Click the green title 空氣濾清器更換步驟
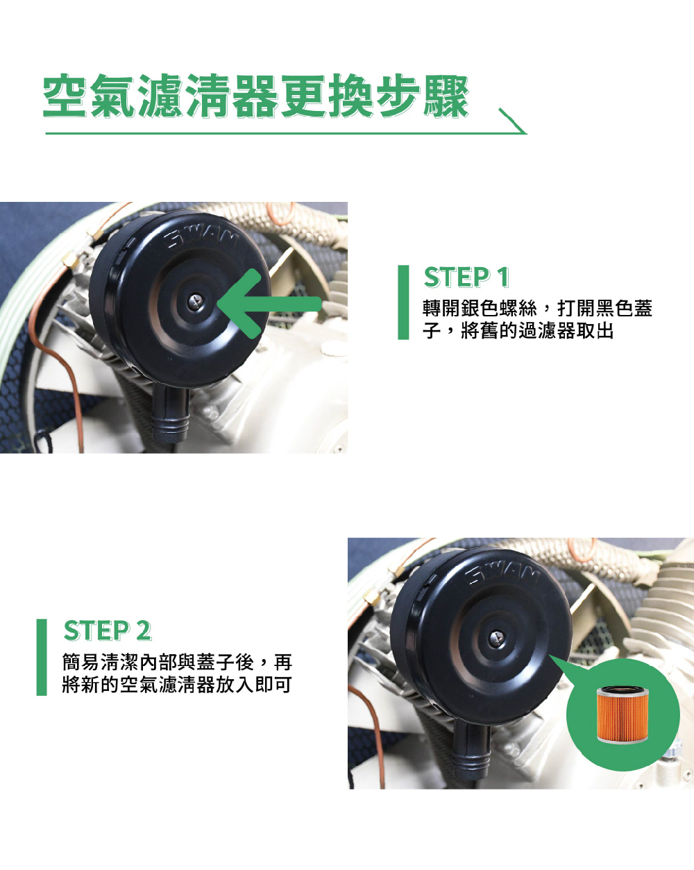point(255,96)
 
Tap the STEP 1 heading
point(466,278)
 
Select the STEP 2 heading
point(108,631)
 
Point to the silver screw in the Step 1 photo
point(196,302)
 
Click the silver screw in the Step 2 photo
point(497,638)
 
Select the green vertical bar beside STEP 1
point(403,302)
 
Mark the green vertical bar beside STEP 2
point(42,657)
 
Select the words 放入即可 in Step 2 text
point(253,685)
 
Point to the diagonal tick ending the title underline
point(513,121)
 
